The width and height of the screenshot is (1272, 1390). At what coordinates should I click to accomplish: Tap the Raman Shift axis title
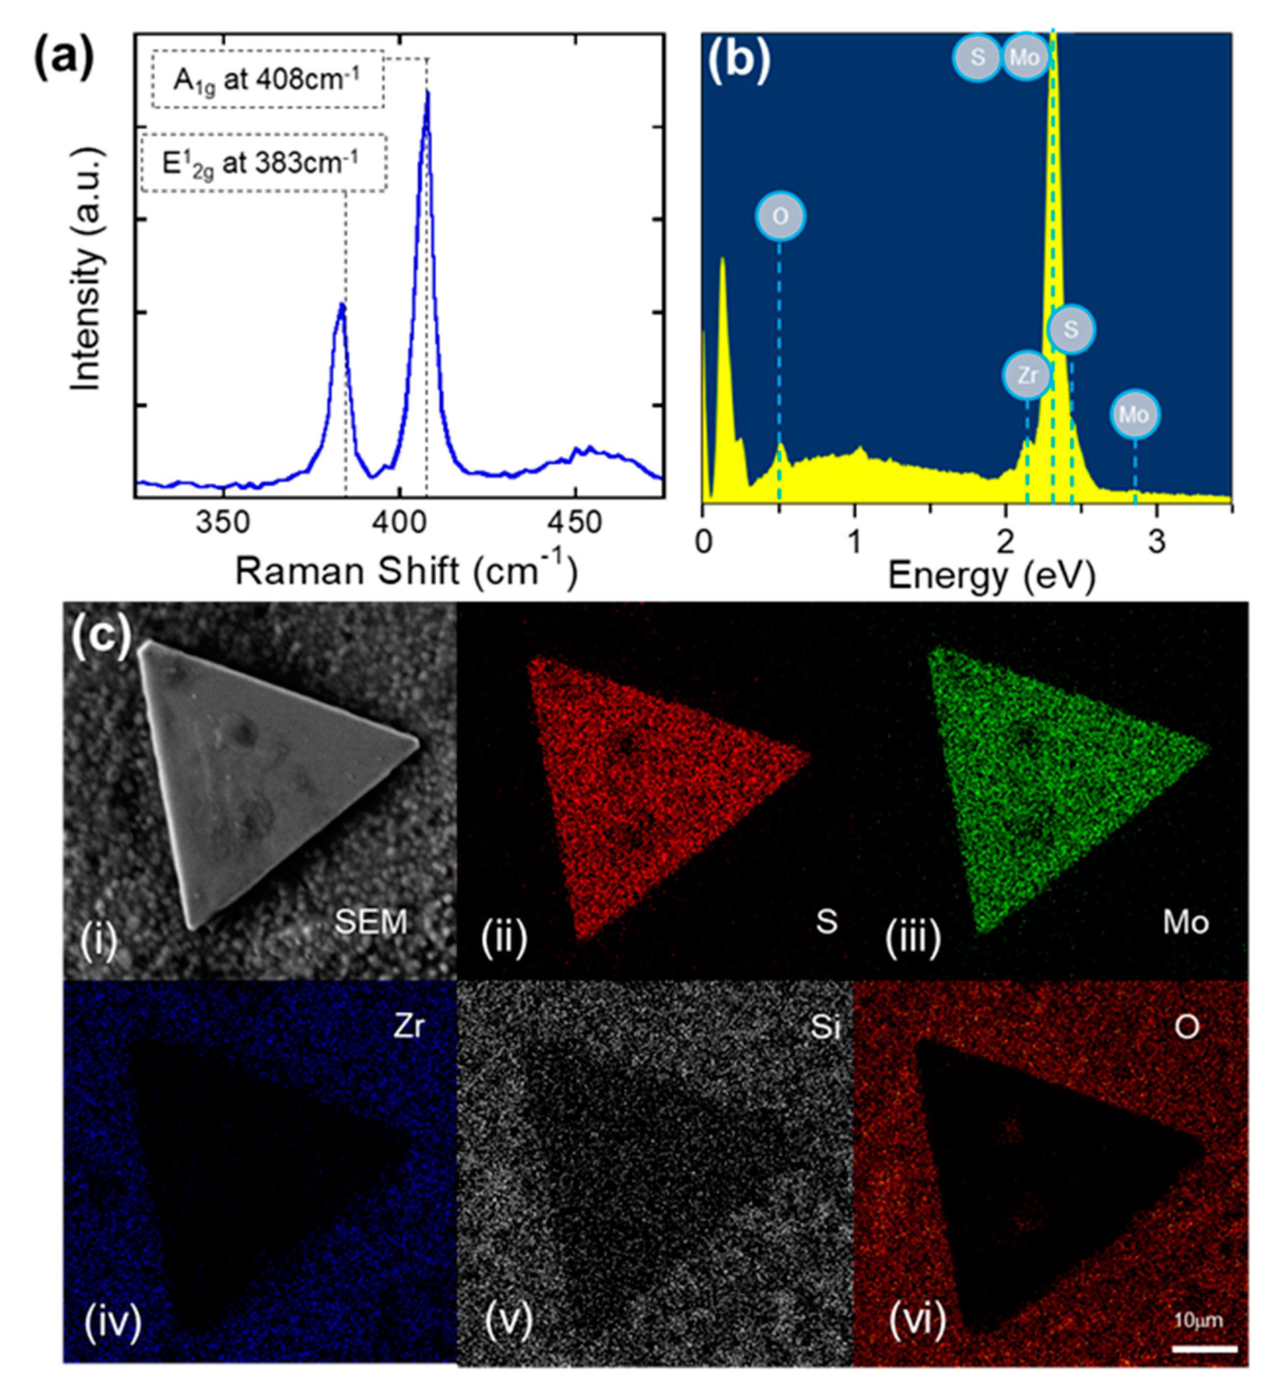[406, 572]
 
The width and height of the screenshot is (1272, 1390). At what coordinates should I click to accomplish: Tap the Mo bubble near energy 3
[1134, 415]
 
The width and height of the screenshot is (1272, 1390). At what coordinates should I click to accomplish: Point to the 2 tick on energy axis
[1006, 541]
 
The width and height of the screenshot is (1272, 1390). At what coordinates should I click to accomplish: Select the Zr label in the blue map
[408, 1027]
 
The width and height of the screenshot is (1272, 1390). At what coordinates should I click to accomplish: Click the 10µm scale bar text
[1198, 1320]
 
